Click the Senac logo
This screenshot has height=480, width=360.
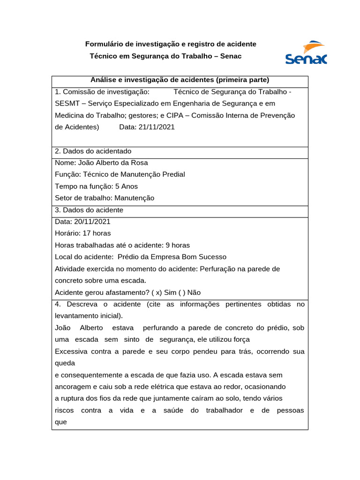pyautogui.click(x=306, y=52)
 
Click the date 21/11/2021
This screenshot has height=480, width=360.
pyautogui.click(x=157, y=127)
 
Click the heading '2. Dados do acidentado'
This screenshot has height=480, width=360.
pyautogui.click(x=93, y=151)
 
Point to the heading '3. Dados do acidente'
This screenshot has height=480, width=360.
pyautogui.click(x=89, y=210)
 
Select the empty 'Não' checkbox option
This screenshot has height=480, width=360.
pyautogui.click(x=187, y=292)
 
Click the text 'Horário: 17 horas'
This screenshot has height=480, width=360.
pyautogui.click(x=83, y=233)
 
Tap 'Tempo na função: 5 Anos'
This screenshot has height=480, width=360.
pyautogui.click(x=97, y=186)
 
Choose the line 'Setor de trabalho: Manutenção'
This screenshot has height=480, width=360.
pyautogui.click(x=105, y=198)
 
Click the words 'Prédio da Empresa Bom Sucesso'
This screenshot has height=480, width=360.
pyautogui.click(x=172, y=257)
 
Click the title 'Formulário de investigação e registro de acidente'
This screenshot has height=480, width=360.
pyautogui.click(x=171, y=44)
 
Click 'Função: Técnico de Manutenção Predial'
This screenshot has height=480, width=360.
pyautogui.click(x=120, y=174)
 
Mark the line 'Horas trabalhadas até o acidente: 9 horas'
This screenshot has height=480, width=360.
pyautogui.click(x=122, y=245)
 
